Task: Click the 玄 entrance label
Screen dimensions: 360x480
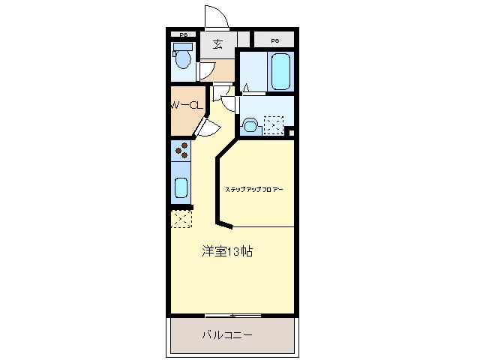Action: (217, 43)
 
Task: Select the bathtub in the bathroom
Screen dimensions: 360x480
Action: (280, 71)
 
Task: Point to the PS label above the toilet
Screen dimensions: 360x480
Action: (182, 34)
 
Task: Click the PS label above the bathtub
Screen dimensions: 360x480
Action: (274, 40)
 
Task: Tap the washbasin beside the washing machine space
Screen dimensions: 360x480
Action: (250, 125)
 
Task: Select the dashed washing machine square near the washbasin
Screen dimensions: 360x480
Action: (273, 125)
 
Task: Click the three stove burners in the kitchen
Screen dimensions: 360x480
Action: (181, 151)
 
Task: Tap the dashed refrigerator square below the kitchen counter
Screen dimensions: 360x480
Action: (181, 219)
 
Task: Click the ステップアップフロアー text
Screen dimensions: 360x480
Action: (253, 190)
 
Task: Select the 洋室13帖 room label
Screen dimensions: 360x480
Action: (227, 251)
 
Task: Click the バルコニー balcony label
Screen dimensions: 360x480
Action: (226, 334)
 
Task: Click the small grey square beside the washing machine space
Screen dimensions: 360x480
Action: (291, 133)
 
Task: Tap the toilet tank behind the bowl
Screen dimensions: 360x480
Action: (181, 47)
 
